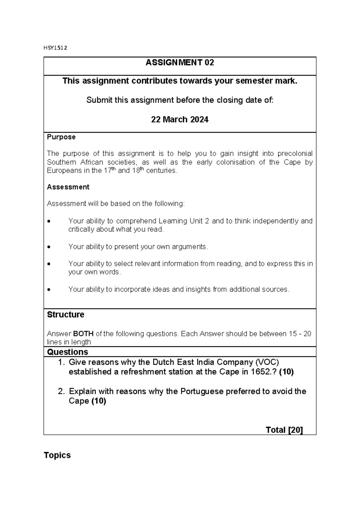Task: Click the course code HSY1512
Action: pyautogui.click(x=55, y=48)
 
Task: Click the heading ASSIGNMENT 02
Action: pyautogui.click(x=180, y=63)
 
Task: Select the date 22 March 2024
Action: pyautogui.click(x=180, y=119)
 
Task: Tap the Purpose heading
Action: pyautogui.click(x=61, y=137)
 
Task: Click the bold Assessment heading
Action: pyautogui.click(x=68, y=187)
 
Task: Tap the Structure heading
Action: pyautogui.click(x=65, y=315)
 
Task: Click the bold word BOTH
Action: pyautogui.click(x=83, y=334)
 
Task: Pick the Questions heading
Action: pyautogui.click(x=67, y=352)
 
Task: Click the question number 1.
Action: pyautogui.click(x=61, y=362)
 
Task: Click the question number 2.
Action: pyautogui.click(x=61, y=391)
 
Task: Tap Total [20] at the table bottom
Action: pyautogui.click(x=284, y=430)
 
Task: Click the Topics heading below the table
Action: pyautogui.click(x=57, y=455)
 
